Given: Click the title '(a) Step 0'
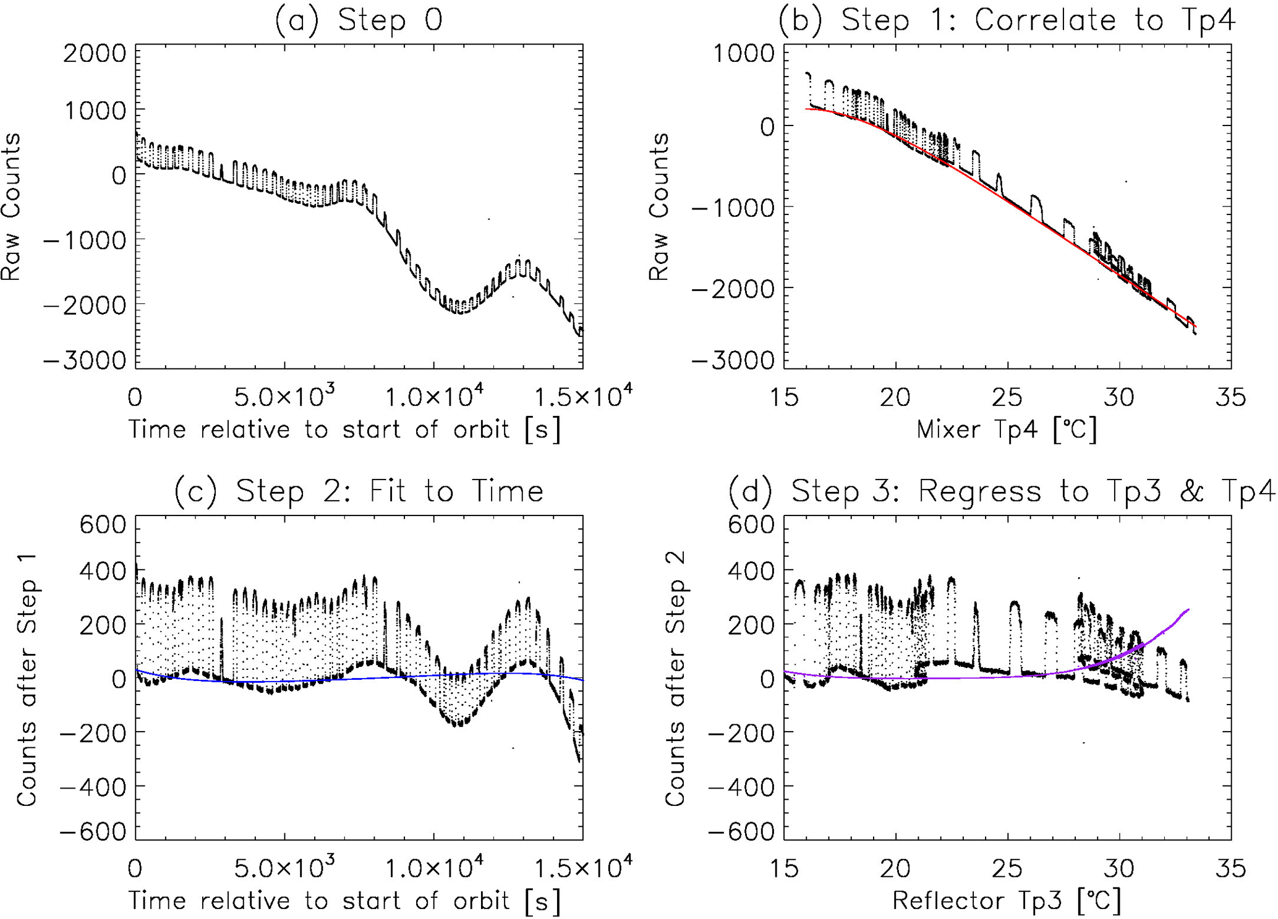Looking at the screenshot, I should point(359,20).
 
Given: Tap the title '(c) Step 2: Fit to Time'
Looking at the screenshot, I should point(359,492).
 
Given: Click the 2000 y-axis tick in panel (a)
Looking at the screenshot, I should point(95,54).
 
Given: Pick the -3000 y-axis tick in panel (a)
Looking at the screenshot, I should point(85,360).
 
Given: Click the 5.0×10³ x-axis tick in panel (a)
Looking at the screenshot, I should point(285,397).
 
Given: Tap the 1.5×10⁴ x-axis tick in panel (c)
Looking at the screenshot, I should point(582,868).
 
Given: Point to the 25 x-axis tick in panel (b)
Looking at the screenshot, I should point(1008,397).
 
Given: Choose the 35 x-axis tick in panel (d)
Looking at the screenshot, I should point(1230,868).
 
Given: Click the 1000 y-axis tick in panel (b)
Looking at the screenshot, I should point(743,54).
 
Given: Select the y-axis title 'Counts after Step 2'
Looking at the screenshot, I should point(675,680).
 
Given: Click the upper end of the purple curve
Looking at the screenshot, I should point(1188,610).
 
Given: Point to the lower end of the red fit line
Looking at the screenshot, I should point(1196,326).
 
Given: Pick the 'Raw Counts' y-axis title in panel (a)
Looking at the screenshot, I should point(11,207).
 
